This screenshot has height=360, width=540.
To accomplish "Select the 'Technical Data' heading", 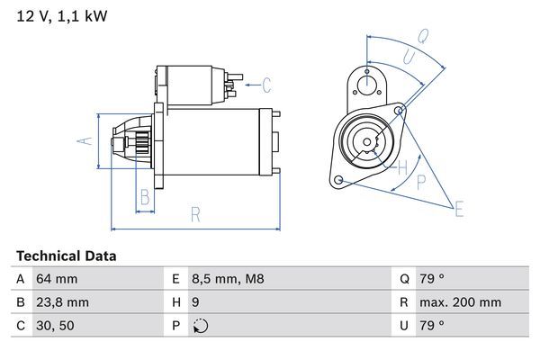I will click(66, 256).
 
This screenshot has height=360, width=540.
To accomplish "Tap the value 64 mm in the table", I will click(56, 279).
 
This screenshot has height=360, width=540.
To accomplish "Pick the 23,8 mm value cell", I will click(62, 302).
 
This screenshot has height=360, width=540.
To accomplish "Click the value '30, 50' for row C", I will click(55, 326).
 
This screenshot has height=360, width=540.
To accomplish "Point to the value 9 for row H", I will click(197, 302).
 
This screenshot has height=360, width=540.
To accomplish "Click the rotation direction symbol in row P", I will click(200, 326).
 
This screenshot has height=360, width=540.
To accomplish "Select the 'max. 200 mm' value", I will click(462, 302).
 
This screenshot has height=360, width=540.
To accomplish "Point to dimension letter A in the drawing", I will click(84, 141).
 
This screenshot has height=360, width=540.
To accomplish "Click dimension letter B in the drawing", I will click(144, 197).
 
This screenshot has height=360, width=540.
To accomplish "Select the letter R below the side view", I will click(196, 213).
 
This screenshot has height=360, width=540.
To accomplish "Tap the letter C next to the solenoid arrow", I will click(266, 86).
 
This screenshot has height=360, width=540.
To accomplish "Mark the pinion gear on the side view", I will click(139, 142).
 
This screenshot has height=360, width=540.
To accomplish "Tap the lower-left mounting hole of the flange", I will click(338, 181).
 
